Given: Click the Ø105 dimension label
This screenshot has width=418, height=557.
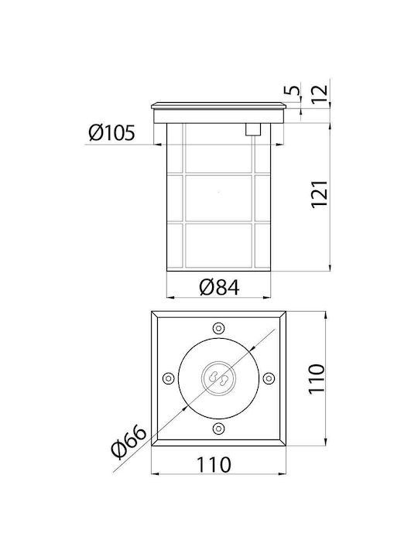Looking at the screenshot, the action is [112, 133].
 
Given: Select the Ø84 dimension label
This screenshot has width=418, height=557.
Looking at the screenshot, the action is [219, 287].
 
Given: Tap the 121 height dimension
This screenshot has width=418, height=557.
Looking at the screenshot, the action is [319, 194].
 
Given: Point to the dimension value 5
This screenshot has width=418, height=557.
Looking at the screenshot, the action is [292, 90].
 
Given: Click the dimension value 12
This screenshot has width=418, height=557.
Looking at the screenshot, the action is [320, 94].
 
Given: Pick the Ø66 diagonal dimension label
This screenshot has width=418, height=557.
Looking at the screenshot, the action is [128, 442].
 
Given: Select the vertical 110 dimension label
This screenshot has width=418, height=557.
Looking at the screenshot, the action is [317, 378].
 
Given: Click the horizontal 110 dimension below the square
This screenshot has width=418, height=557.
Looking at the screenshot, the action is [214, 465].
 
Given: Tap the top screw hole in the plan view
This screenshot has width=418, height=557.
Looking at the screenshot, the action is [218, 328].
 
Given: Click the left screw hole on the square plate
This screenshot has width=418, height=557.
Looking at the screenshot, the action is [168, 378].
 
